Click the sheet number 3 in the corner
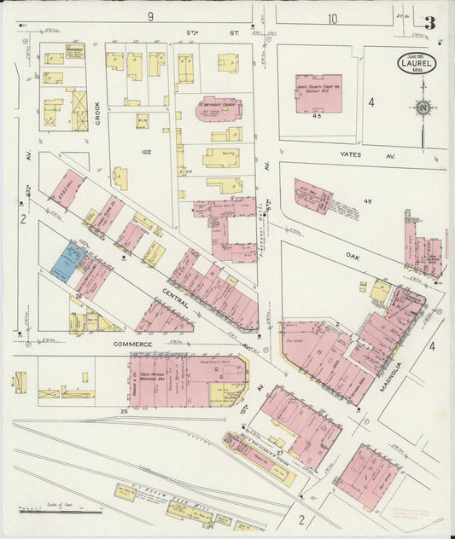click(431, 24)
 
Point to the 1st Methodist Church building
click(219, 109)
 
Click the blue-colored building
click(64, 262)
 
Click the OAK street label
click(353, 254)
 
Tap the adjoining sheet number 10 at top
click(332, 18)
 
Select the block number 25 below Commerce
click(124, 412)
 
